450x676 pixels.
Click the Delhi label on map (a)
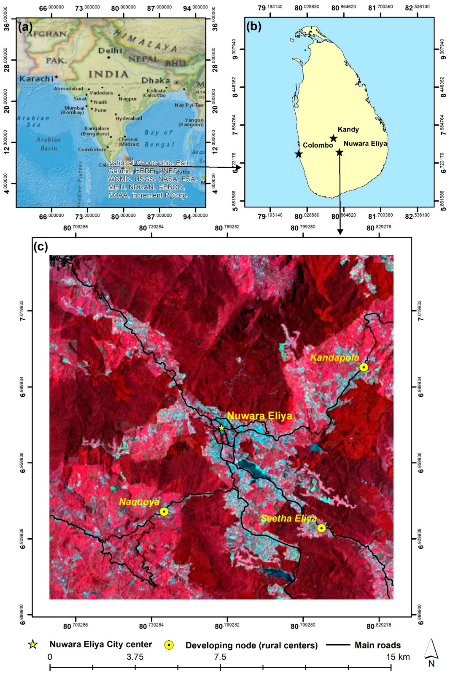pos(110,51)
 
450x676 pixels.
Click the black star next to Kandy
pos(333,138)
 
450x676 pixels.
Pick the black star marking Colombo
pos(299,154)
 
